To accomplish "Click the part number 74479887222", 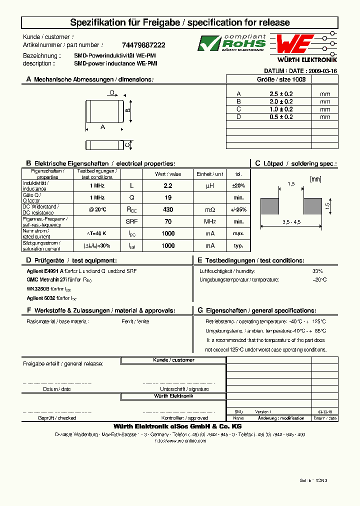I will [x=143, y=45].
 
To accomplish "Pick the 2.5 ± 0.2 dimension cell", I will [x=281, y=94].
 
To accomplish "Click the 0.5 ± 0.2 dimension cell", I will [x=281, y=117].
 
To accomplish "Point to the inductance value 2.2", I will [x=168, y=185].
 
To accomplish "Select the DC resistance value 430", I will [x=168, y=209].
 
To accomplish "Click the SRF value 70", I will [x=168, y=221].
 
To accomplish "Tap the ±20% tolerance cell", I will [x=238, y=185].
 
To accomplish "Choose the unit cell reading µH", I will [x=210, y=185].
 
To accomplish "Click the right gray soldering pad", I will [x=312, y=206].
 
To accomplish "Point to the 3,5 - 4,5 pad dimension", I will [x=291, y=222].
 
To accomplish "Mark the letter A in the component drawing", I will [x=103, y=127].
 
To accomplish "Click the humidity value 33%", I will [x=317, y=271].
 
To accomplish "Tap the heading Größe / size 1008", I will [x=282, y=79].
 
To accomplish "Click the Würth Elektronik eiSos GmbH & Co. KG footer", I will [x=178, y=426].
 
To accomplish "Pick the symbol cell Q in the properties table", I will [x=131, y=197].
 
